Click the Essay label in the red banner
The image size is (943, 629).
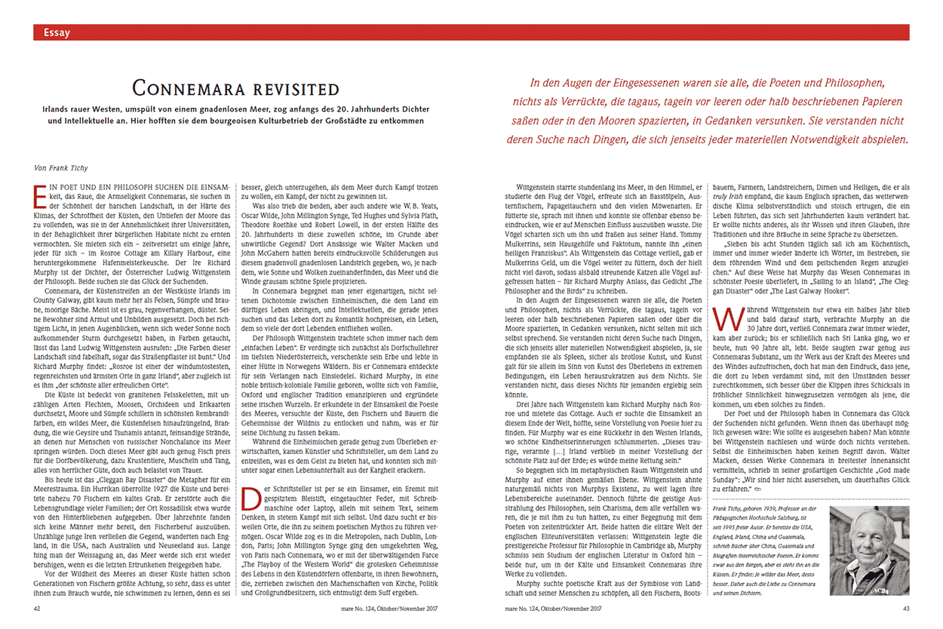[57, 32]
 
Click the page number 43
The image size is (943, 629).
[905, 607]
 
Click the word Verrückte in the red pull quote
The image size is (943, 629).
[623, 101]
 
